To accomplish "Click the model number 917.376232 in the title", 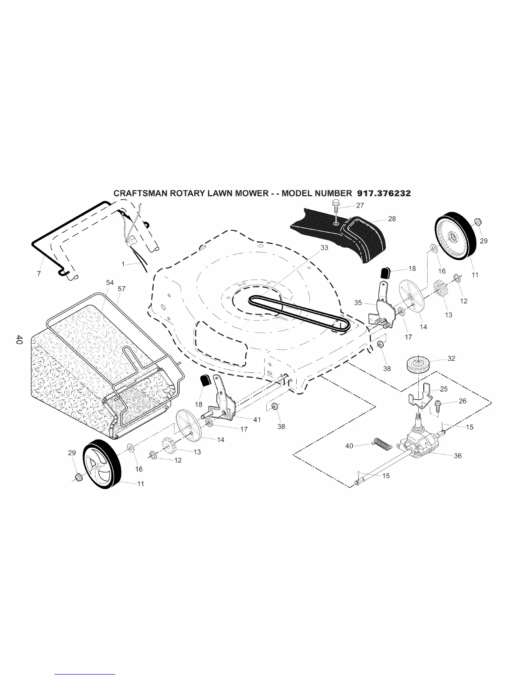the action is [381, 193].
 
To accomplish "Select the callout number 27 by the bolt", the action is [360, 205].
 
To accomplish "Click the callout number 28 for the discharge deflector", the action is [392, 219].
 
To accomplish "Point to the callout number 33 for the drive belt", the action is [324, 248].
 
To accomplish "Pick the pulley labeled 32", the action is [418, 365].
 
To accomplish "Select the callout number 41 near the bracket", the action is [257, 420].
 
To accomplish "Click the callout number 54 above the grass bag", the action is [110, 283].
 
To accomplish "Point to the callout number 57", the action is [122, 289].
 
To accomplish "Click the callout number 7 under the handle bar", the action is [39, 274].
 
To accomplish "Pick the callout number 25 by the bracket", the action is [444, 389].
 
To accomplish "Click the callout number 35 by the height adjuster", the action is [358, 303].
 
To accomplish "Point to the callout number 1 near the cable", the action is [123, 265].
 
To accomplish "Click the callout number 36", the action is [458, 456].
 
